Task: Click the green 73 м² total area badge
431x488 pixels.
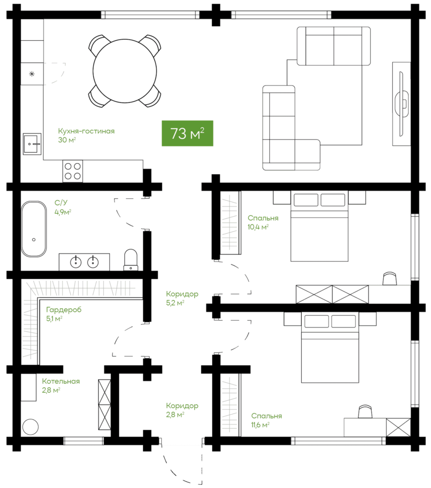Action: coord(187,133)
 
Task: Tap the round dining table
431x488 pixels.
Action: coord(125,71)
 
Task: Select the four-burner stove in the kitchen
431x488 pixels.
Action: coord(72,171)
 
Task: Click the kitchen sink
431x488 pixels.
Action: coord(32,144)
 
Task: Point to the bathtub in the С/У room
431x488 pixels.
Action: coord(34,229)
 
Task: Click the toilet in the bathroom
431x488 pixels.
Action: coord(131,260)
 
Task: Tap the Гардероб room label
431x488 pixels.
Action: coord(64,310)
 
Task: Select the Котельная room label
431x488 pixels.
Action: coord(61,381)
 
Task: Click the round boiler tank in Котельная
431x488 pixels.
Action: coord(31,427)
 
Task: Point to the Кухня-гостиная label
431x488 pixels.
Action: coord(86,131)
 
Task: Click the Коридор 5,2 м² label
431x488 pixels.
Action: coord(182,298)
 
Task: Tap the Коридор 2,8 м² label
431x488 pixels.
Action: coord(182,410)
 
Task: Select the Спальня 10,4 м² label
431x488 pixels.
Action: coord(263,222)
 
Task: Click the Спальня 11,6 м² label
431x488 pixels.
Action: coord(267,420)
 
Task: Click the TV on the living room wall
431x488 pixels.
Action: coord(402,103)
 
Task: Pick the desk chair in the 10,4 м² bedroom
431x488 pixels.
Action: coord(389,278)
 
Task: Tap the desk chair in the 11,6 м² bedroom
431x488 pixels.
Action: coord(365,412)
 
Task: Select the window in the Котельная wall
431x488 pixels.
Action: coord(84,441)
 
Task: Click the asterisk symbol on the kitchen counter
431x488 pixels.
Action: coord(32,74)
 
